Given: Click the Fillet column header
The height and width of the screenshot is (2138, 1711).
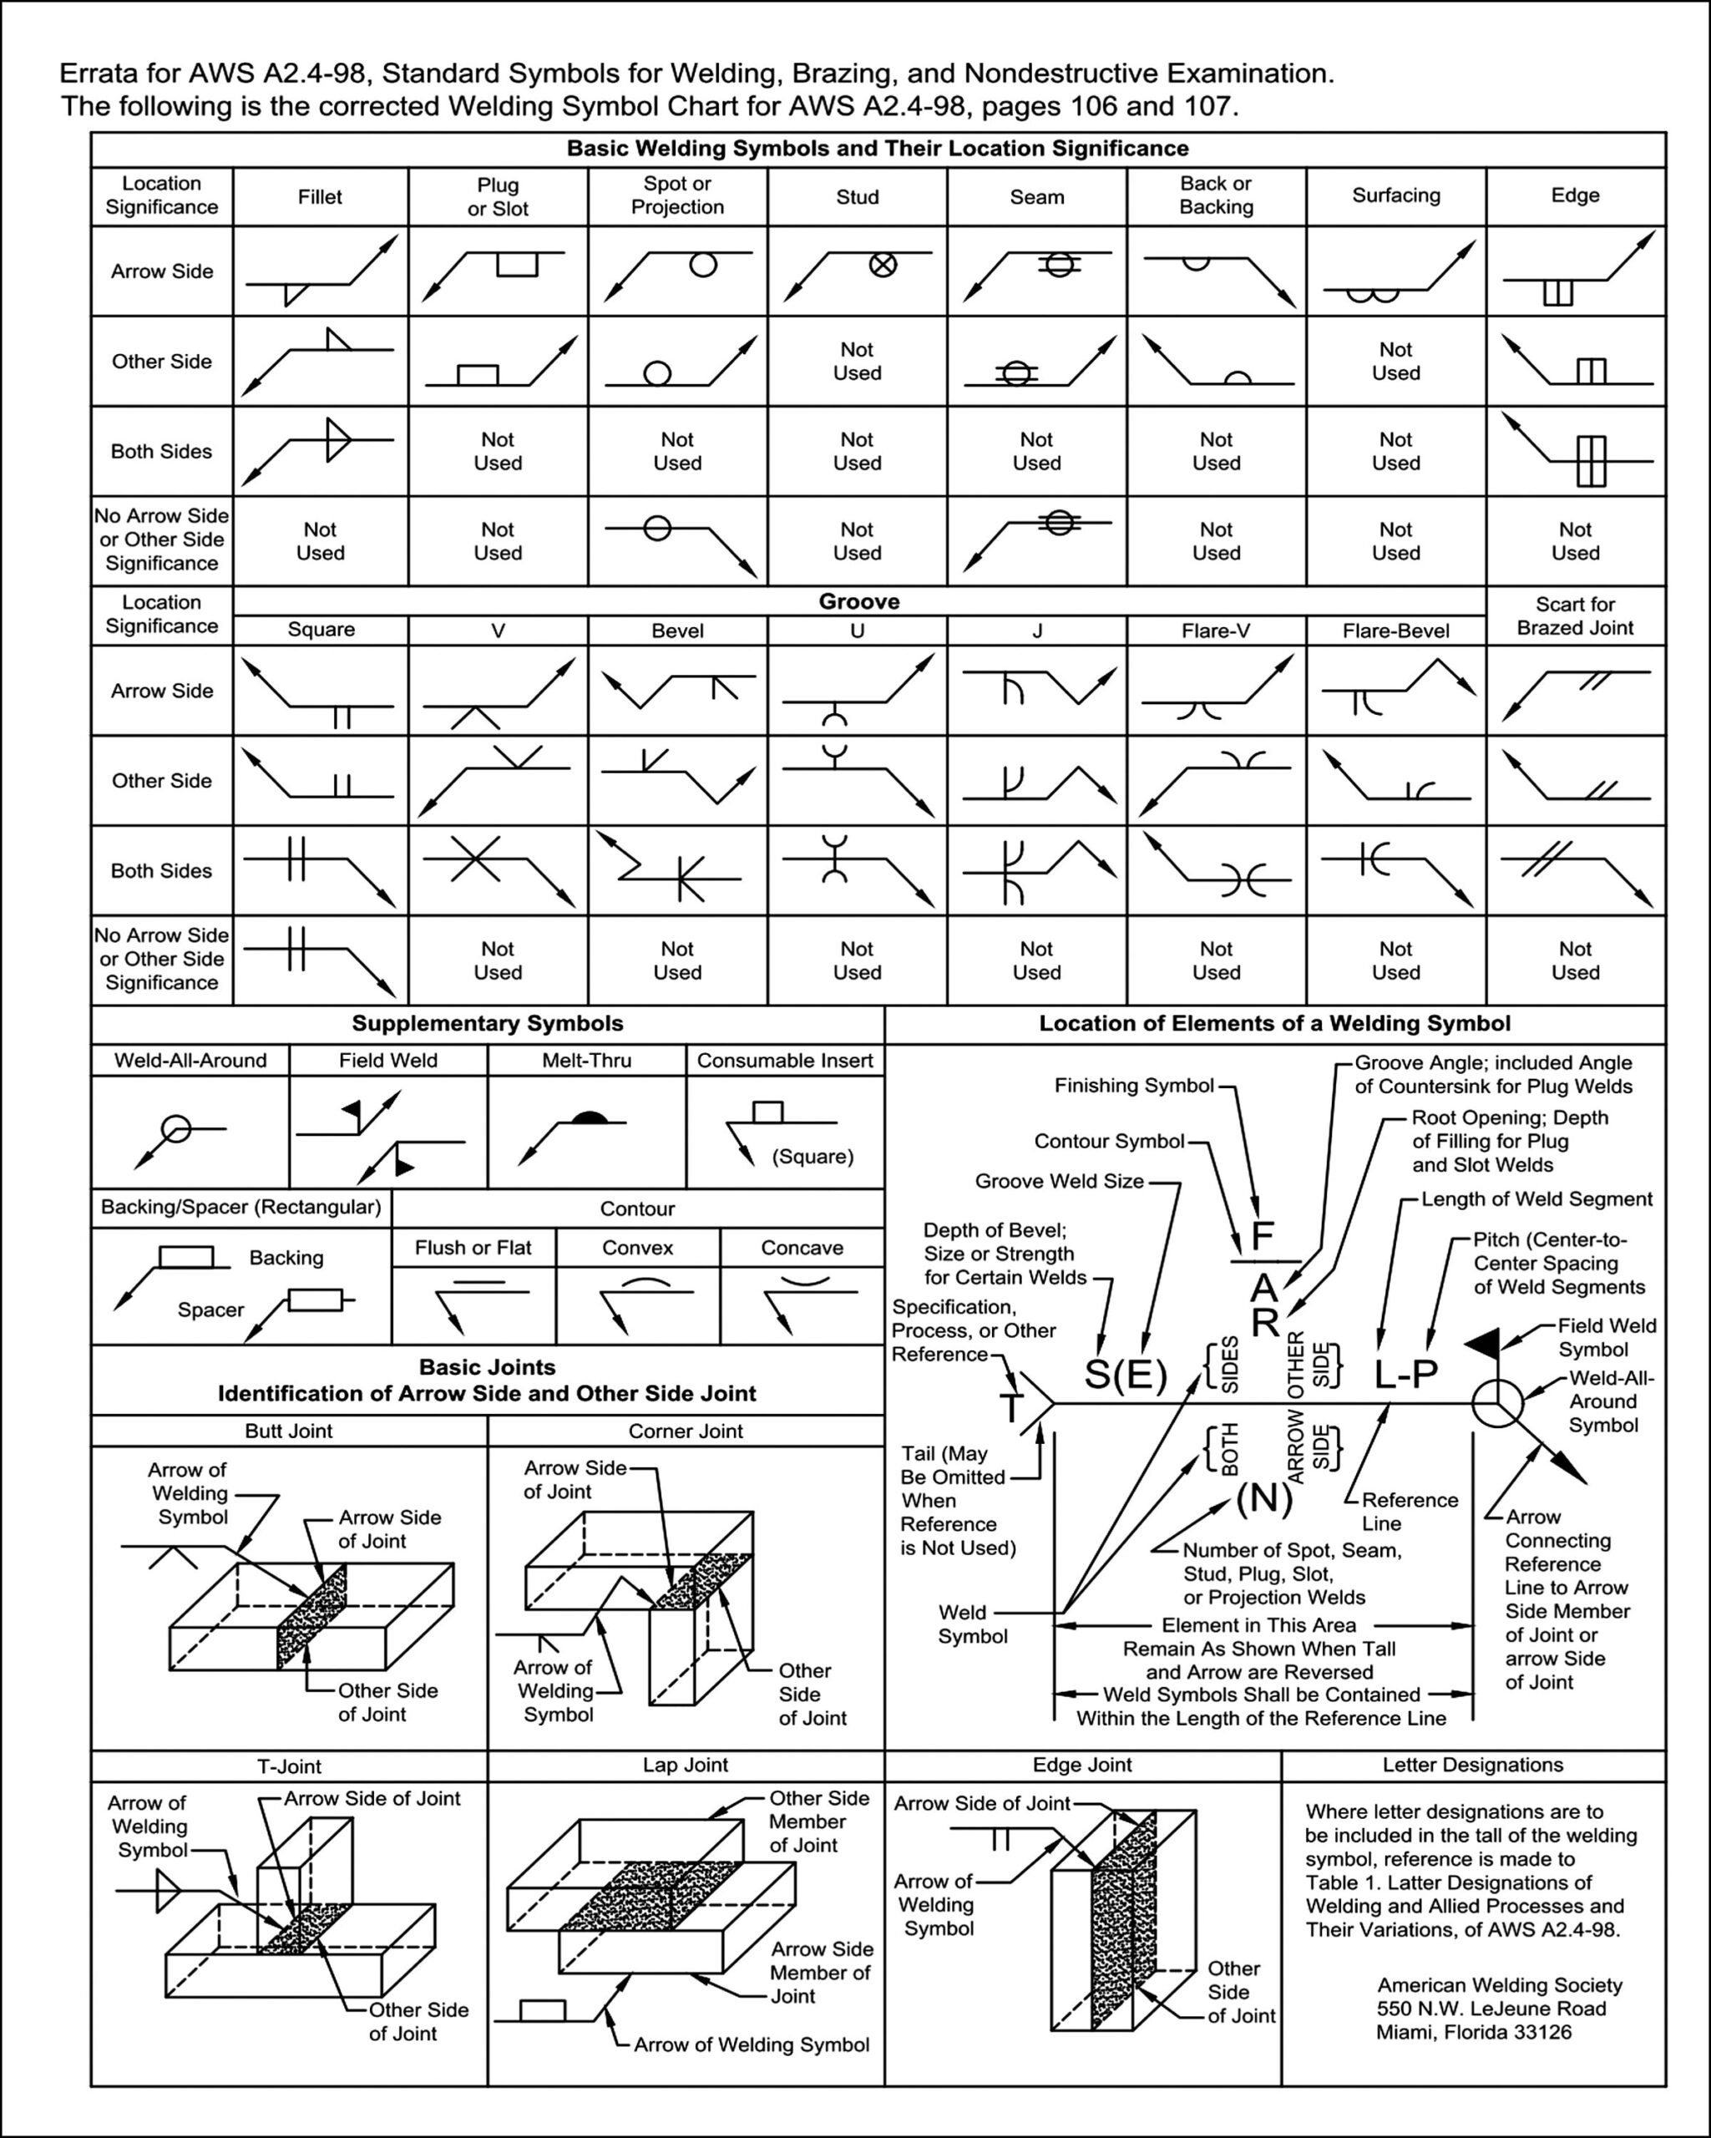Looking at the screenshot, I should click(319, 196).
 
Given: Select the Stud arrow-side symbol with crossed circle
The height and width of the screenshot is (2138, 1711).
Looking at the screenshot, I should click(883, 265).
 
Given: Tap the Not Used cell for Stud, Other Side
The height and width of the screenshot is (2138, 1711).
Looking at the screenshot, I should click(857, 361).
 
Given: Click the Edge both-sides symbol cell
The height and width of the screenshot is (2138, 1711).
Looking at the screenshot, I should click(1590, 461).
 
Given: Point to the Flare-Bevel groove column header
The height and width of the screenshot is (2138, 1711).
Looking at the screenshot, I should click(1395, 631).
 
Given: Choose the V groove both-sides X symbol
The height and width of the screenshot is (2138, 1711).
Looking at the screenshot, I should click(476, 859).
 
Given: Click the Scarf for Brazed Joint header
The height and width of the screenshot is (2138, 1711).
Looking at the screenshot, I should click(1574, 616).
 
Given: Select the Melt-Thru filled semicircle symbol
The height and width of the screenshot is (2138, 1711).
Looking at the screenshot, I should click(590, 1117).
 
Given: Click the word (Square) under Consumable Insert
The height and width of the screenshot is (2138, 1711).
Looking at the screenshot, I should click(812, 1156).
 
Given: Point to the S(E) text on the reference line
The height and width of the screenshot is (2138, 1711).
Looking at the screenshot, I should click(1125, 1375).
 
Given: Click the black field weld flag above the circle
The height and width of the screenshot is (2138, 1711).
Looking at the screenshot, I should click(1483, 1345).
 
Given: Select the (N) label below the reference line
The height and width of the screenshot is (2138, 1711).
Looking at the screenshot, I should click(1264, 1498).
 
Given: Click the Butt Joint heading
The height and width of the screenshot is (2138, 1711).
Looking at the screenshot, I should click(288, 1431).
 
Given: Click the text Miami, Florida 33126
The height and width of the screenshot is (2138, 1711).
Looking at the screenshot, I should click(1473, 2033).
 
